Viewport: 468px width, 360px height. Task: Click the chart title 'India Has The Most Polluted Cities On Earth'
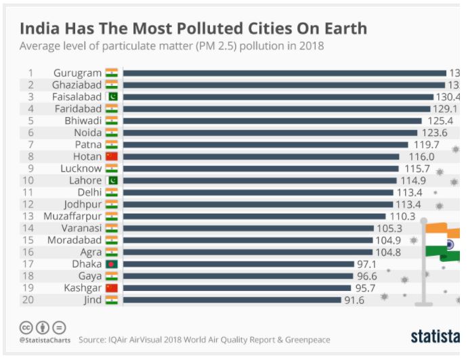tap(193, 28)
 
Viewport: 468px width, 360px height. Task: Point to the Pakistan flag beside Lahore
tap(112, 181)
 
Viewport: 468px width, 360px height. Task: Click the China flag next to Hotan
tap(112, 157)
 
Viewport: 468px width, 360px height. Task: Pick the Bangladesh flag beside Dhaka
tap(112, 264)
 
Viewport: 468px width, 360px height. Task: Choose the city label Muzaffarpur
tap(72, 217)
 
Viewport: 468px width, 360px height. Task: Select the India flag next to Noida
tap(112, 133)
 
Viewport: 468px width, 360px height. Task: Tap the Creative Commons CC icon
tap(26, 326)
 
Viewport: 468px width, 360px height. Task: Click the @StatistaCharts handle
tap(44, 339)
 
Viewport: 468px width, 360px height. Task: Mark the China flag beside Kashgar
tap(112, 288)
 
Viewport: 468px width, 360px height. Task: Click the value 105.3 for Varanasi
tap(389, 228)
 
